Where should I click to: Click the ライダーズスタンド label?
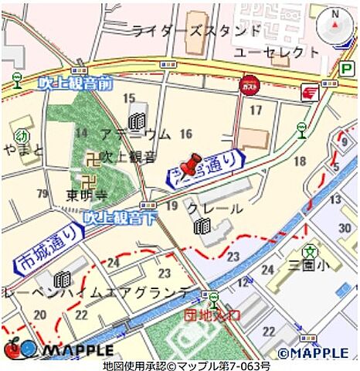[196, 31]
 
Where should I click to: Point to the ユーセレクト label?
[276, 52]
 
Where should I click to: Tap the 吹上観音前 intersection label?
[75, 81]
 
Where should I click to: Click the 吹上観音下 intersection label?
[121, 218]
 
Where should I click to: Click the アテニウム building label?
[135, 134]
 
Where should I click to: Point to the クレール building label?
[215, 208]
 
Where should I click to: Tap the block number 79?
[43, 192]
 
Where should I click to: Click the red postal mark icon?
[309, 93]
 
